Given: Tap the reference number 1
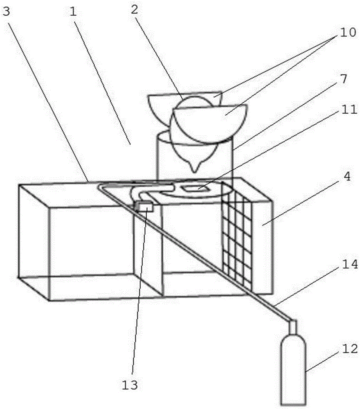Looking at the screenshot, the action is coord(73,11).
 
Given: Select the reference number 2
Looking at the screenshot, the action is coord(134,9).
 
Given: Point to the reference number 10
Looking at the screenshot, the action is coord(348,32).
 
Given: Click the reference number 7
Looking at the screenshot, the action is coord(344,79).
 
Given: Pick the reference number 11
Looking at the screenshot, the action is coord(349,109).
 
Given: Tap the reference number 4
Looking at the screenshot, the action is coord(347,177).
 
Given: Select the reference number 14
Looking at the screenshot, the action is coord(349,264).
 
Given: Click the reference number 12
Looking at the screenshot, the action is coord(349,348).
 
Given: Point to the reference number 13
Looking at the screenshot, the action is coord(130,385).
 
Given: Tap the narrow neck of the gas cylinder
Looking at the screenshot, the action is coord(293,327).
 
